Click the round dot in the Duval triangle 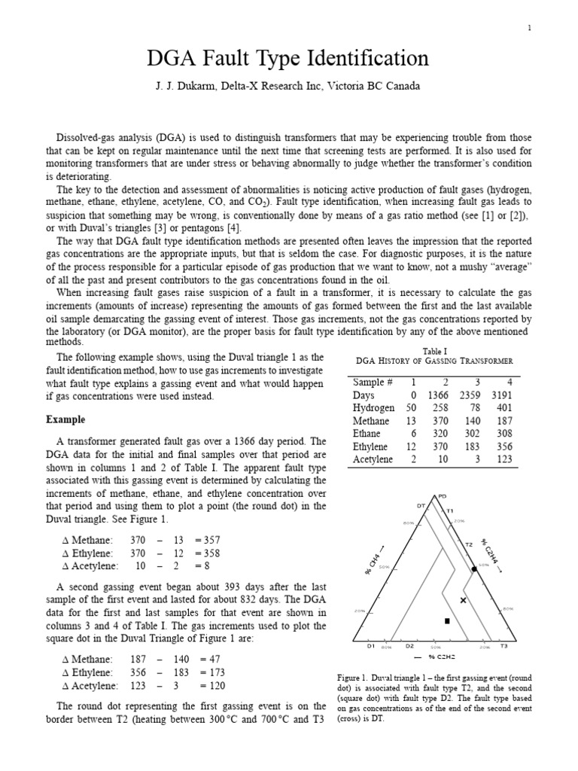[474, 570]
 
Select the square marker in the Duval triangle [447, 621]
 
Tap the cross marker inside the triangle [463, 600]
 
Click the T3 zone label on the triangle [503, 646]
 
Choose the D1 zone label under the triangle [371, 646]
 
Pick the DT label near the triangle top [421, 505]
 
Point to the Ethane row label [367, 434]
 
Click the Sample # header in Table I [373, 382]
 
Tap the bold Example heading [65, 419]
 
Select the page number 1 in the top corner [529, 28]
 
